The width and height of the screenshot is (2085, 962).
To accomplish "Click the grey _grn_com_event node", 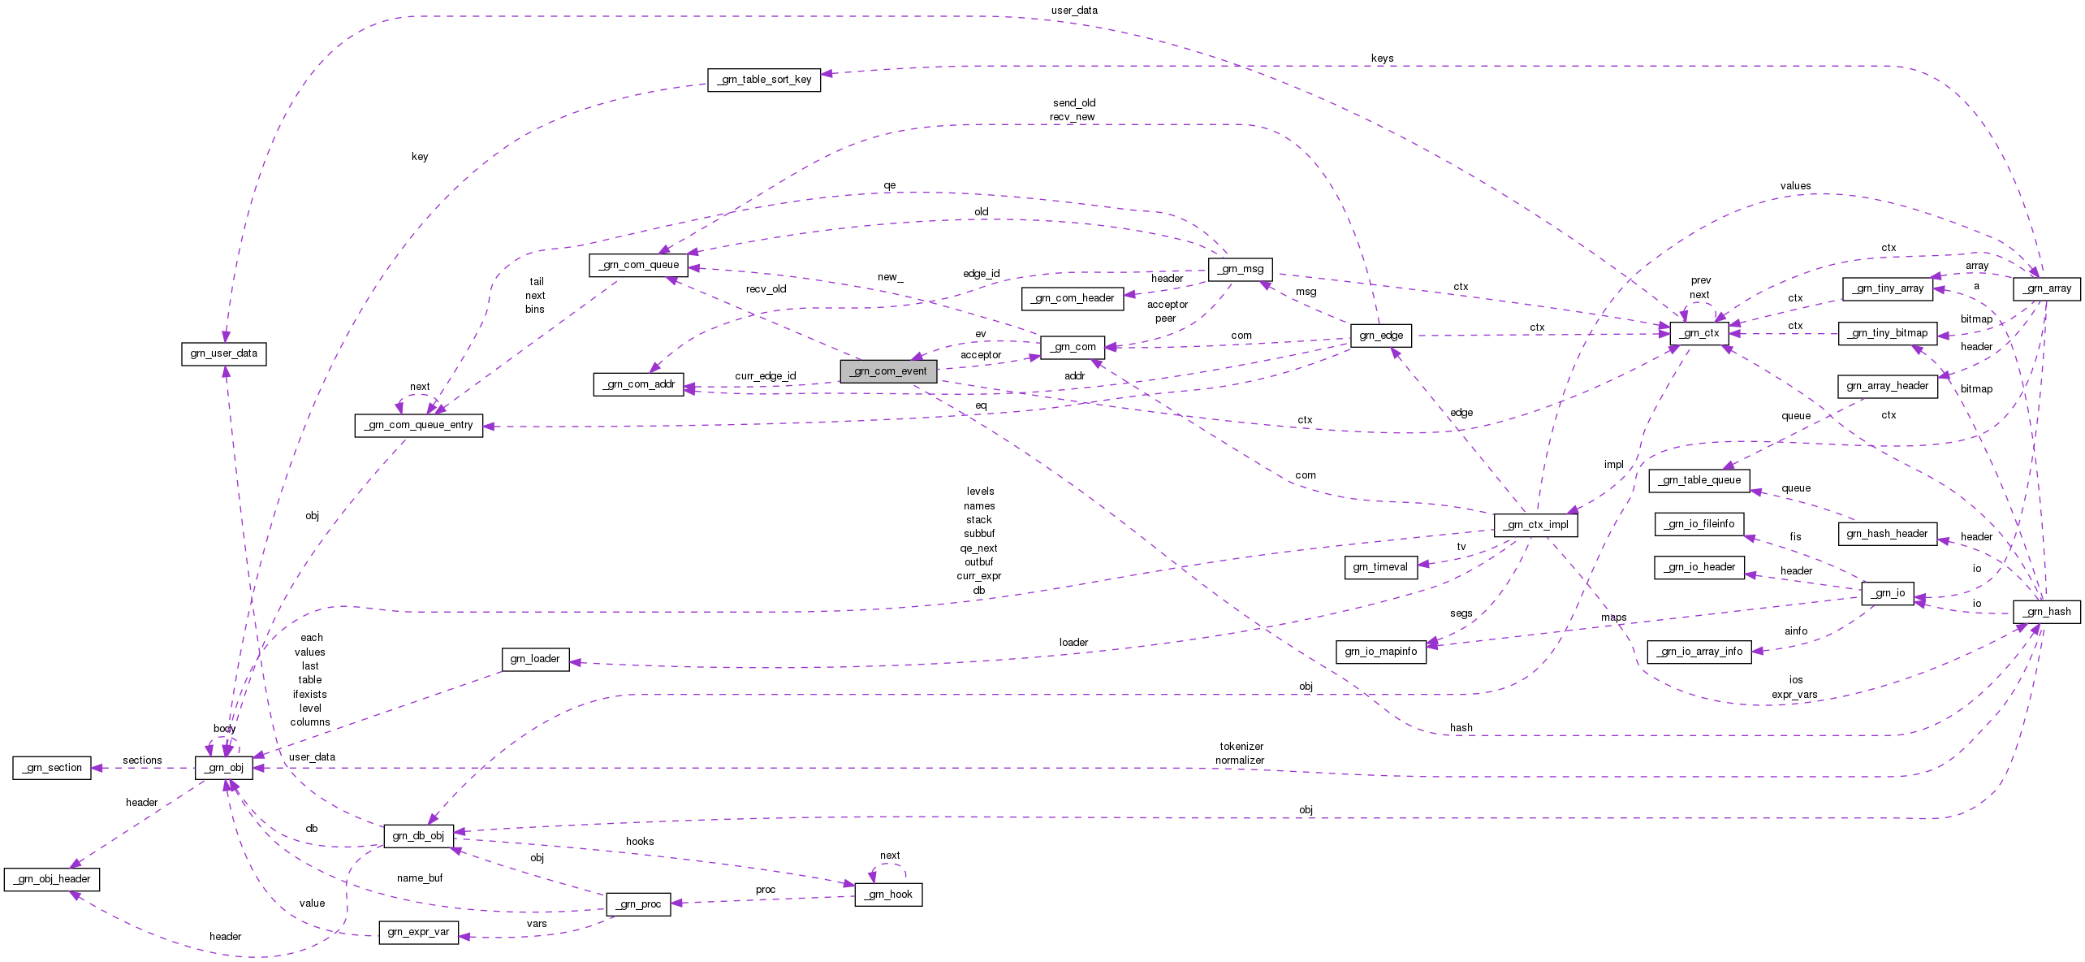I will (x=888, y=371).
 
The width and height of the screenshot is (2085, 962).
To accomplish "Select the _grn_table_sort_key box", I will (x=763, y=80).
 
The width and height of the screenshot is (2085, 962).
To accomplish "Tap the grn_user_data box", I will (x=223, y=353).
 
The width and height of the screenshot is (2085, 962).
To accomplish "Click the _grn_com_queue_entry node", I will (x=418, y=425).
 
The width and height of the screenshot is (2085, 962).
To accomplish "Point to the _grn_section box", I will (x=52, y=768).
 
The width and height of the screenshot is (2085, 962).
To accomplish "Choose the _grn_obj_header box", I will (x=52, y=879).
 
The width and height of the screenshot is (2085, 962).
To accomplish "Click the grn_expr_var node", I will (x=418, y=932).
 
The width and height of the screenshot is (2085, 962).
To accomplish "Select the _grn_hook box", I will (x=888, y=895).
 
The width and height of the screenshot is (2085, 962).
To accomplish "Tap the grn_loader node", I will (x=535, y=659).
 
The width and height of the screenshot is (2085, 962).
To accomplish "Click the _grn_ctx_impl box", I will (x=1535, y=525).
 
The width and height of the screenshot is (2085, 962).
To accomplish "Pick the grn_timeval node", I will (x=1380, y=567).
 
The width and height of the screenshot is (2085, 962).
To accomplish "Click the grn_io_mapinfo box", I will (x=1380, y=652).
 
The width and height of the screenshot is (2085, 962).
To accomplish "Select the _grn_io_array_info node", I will (x=1699, y=652).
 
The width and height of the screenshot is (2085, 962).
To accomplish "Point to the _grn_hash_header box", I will (x=1887, y=534).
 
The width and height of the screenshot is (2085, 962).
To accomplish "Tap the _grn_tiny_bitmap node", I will (x=1887, y=333).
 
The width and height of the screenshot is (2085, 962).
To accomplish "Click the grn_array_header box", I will (x=1887, y=386).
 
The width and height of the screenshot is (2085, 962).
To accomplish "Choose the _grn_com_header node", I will (x=1073, y=298).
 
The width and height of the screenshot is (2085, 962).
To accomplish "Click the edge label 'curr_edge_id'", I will (x=765, y=376).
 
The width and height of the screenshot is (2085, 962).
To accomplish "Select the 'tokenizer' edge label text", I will (x=1241, y=746).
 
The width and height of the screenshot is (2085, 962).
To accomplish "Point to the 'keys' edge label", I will (x=1382, y=58).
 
